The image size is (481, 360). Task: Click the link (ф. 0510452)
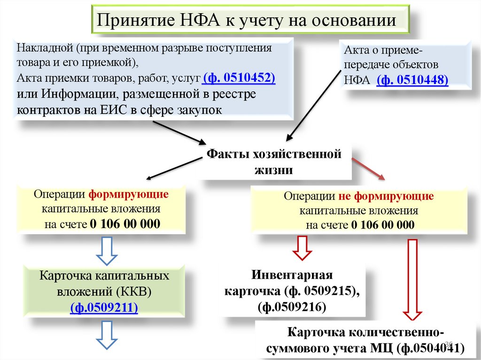[x=239, y=77]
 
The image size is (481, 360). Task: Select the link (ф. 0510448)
[x=412, y=80]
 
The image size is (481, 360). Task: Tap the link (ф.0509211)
[x=104, y=308]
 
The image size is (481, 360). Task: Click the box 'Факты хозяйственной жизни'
[x=275, y=162]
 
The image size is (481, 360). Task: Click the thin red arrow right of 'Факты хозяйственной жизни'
[x=369, y=169]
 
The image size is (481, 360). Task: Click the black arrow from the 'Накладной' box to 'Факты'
[x=178, y=132]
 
